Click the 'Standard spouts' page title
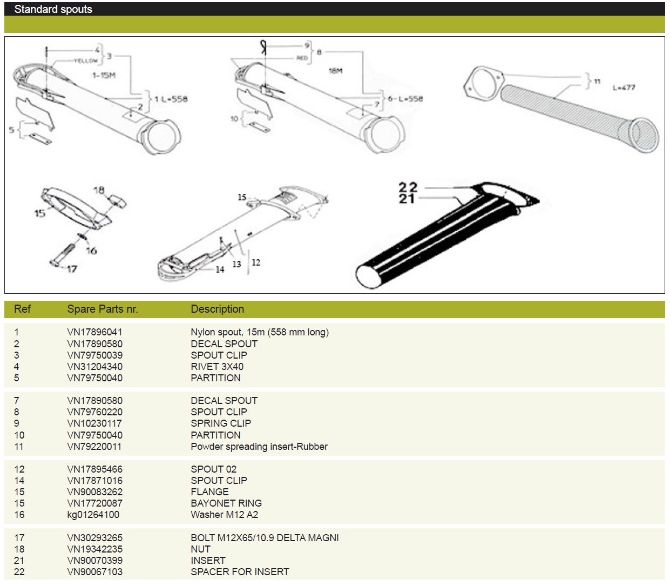point(53,9)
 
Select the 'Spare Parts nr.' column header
point(103,309)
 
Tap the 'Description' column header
point(217,309)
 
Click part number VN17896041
point(94,332)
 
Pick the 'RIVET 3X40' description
point(217,367)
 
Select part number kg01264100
point(93,515)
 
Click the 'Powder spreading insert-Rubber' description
point(259,447)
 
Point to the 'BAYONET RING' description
point(226,503)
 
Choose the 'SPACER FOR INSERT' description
point(240,571)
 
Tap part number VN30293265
point(94,538)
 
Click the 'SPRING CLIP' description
point(221,423)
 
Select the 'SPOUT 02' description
point(213,469)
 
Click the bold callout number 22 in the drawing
point(408,187)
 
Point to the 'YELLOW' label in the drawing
point(86,60)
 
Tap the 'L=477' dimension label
point(624,88)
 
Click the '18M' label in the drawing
point(336,70)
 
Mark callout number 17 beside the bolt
point(72,269)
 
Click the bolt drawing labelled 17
point(62,255)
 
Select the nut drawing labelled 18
point(117,201)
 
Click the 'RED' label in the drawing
point(302,58)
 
